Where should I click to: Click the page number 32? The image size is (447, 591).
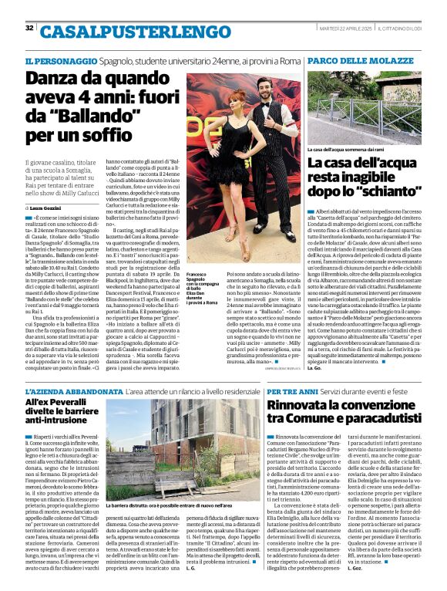coord(29,28)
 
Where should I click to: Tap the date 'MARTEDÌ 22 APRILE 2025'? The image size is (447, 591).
coord(346,28)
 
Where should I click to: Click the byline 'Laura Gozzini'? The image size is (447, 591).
coord(49,208)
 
